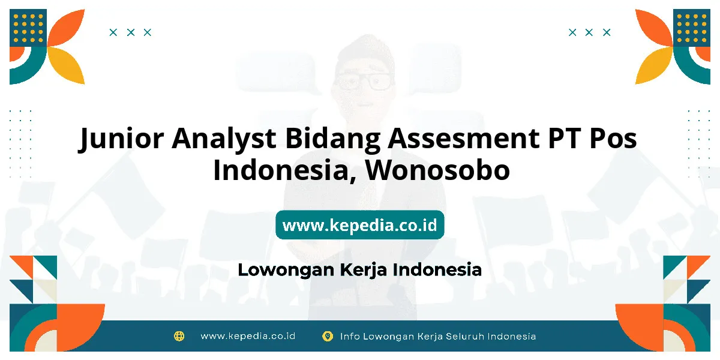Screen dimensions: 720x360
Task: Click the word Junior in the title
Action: coord(121,139)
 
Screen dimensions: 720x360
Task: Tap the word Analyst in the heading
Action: coord(224,139)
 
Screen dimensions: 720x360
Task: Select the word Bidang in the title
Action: coord(332,139)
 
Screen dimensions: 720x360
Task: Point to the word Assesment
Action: coord(464,138)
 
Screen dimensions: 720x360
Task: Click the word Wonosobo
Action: coord(437,170)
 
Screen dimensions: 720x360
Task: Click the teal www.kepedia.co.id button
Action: coord(359,224)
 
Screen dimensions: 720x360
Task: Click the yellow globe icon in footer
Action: coord(179,336)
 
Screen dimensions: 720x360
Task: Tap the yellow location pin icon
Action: coord(328,336)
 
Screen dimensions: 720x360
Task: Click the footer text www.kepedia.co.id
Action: coord(248,336)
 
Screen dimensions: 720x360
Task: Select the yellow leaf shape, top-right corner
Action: coord(653,65)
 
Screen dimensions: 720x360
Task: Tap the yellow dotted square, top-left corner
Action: coord(28,28)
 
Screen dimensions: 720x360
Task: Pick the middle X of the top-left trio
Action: coord(131,32)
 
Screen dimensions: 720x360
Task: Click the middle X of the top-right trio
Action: coord(589,32)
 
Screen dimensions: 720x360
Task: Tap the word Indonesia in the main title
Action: coord(281,170)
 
